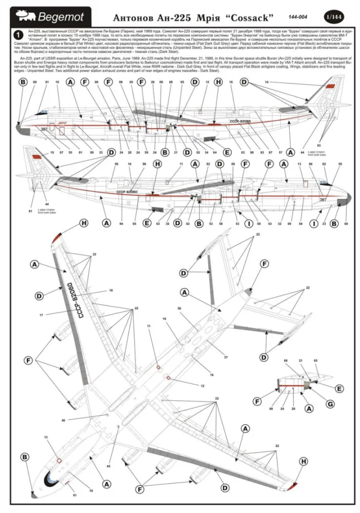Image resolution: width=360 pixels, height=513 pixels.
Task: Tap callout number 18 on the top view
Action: [110, 290]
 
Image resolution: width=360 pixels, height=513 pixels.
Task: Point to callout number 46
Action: [63, 420]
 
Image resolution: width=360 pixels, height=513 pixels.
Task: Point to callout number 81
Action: [30, 210]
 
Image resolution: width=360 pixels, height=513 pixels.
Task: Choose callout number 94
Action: [121, 224]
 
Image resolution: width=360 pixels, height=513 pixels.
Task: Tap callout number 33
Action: [101, 153]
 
